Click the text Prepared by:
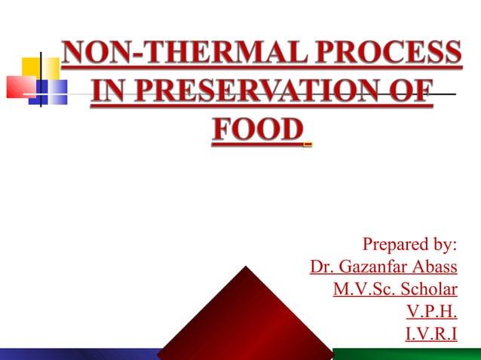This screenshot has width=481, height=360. click(x=410, y=245)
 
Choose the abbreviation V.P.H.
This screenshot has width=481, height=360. click(x=431, y=311)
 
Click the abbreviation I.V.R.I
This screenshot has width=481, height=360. click(x=430, y=333)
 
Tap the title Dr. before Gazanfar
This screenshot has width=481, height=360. click(x=322, y=267)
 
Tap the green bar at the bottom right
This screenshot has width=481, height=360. click(x=407, y=354)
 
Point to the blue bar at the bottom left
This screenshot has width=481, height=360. click(x=75, y=354)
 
